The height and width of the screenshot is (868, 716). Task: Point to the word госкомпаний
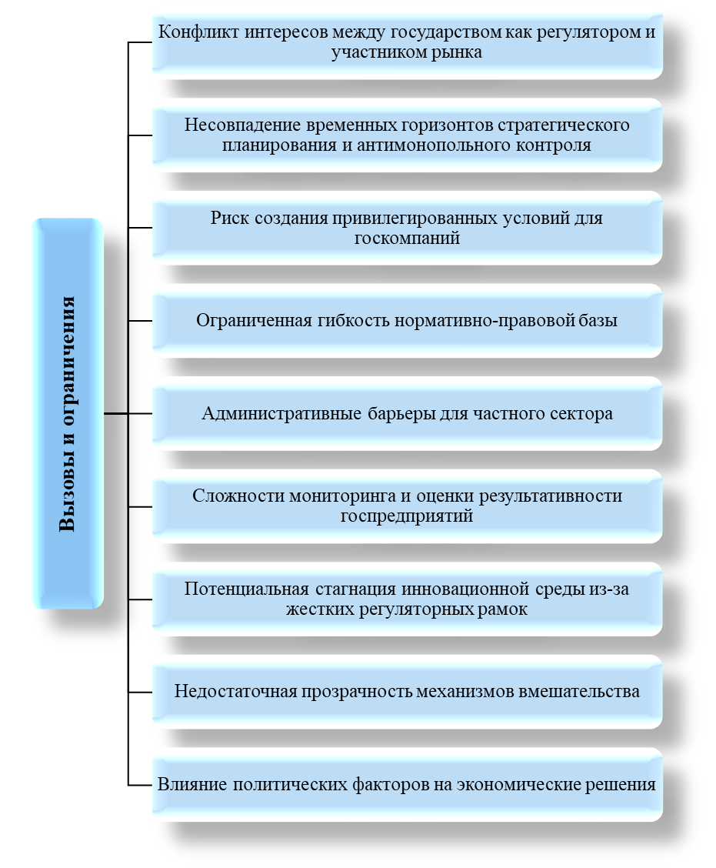click(x=407, y=238)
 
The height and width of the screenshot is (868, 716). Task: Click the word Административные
click(x=281, y=413)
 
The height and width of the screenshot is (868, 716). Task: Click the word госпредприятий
click(x=407, y=516)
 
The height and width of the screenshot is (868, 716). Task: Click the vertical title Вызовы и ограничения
click(x=68, y=414)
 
